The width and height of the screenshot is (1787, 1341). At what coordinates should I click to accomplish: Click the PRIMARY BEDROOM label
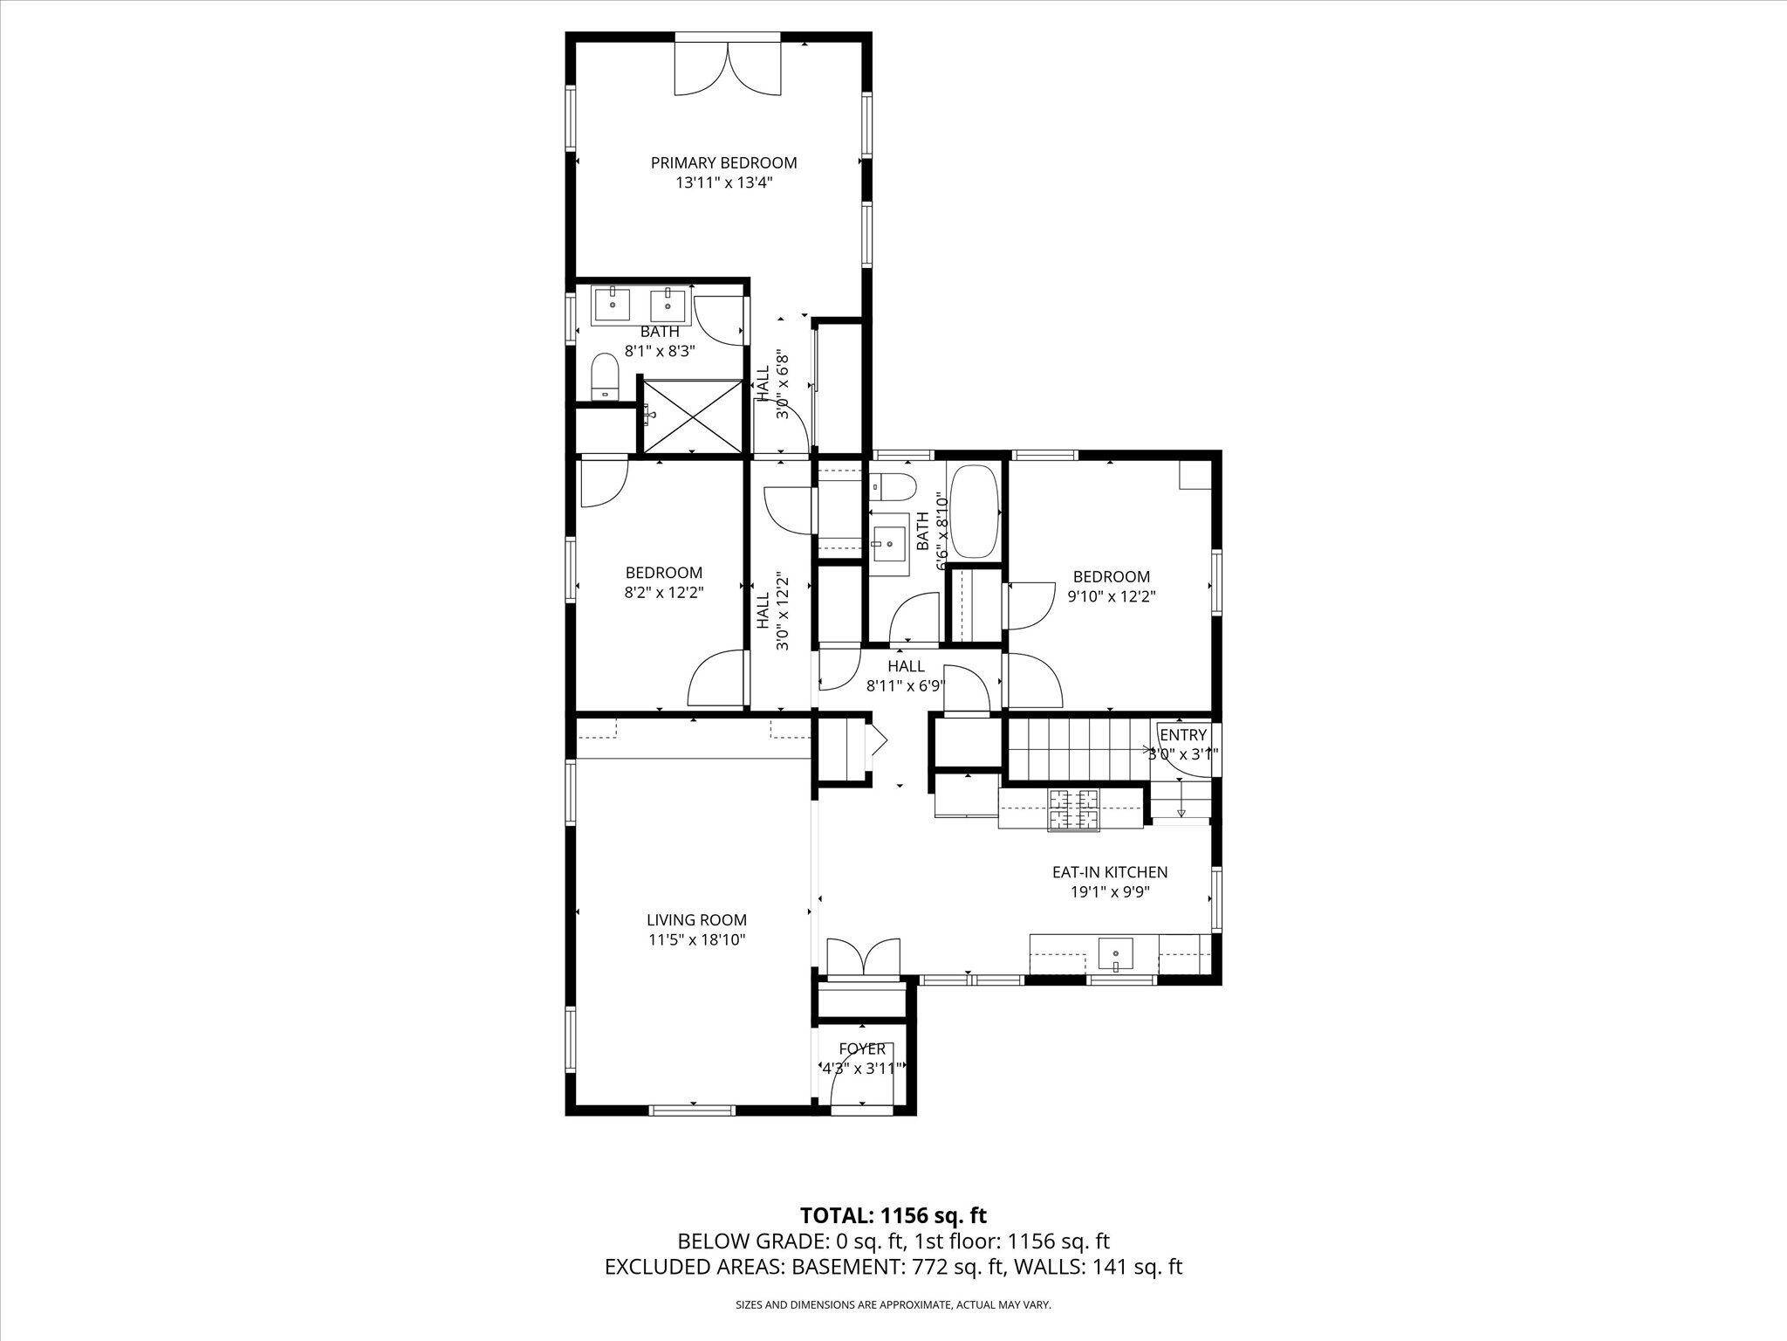point(723,162)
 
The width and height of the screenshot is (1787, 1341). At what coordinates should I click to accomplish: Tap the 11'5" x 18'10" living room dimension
point(696,940)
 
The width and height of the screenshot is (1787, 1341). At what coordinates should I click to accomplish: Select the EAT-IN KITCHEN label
point(1109,872)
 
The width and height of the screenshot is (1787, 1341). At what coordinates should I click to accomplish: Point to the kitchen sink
point(1114,952)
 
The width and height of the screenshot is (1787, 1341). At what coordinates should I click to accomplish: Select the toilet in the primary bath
point(604,378)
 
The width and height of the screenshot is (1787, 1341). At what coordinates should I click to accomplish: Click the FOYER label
point(862,1049)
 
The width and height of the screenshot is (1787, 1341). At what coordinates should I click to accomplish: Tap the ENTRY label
point(1183,735)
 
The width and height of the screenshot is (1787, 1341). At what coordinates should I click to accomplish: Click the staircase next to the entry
point(1075,748)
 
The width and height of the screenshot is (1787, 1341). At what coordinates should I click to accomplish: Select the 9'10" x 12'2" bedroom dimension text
point(1111,597)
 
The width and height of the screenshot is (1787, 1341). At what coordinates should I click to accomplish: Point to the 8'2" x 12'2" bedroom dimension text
point(663,592)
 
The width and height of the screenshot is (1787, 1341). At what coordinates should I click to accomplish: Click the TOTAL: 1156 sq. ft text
point(893,1215)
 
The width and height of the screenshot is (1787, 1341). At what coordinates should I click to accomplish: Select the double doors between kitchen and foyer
point(862,958)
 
